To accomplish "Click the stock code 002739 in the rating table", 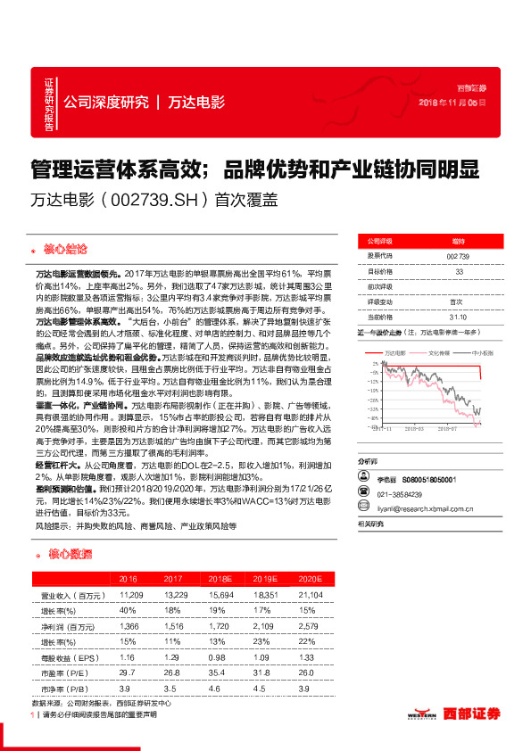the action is click(458, 256).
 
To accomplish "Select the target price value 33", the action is click(458, 271).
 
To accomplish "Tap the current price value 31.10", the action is click(458, 317).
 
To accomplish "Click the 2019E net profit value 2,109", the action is click(261, 628).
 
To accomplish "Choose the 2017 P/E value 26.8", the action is click(173, 673).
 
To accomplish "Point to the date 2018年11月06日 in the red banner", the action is click(452, 103).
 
